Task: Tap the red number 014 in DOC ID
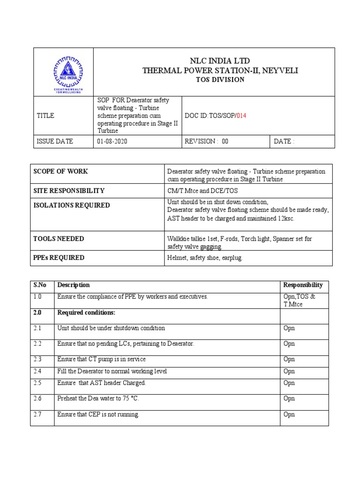pos(240,116)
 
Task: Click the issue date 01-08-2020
pos(112,142)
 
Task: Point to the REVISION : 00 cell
pos(207,142)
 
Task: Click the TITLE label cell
pos(45,116)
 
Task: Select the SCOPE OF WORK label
pos(60,172)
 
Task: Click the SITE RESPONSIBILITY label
pos(69,191)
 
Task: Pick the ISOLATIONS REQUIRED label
pos(72,205)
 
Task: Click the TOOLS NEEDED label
pos(59,239)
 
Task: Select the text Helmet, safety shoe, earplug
pos(205,258)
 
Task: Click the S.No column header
pos(38,285)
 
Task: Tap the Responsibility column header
pos(303,285)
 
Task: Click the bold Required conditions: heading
pos(86,313)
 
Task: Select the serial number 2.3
pos(37,359)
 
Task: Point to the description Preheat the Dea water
pos(98,398)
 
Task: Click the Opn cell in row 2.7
pos(289,414)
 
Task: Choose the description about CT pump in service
pos(101,359)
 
